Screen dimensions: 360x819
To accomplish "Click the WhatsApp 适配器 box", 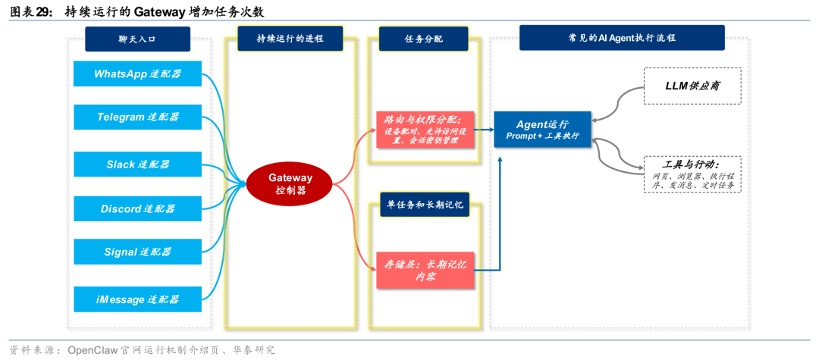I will click(137, 74).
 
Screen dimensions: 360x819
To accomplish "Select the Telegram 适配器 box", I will click(137, 117).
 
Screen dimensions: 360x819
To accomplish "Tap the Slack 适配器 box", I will click(137, 164).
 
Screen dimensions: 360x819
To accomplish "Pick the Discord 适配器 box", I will click(137, 208).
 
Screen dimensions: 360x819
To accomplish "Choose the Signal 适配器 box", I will click(137, 252).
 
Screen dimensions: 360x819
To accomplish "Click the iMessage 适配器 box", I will click(137, 299).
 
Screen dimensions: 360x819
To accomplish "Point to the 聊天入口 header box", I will click(136, 39).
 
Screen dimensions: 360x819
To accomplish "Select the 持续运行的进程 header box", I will click(290, 39).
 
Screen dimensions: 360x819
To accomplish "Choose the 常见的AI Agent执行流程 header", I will click(621, 37).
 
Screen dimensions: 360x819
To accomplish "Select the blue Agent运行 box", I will click(542, 129).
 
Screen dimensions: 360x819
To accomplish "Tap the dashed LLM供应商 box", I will click(692, 86).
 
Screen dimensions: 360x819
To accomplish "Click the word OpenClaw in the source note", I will click(97, 350).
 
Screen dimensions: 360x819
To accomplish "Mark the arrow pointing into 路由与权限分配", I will click(372, 131).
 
